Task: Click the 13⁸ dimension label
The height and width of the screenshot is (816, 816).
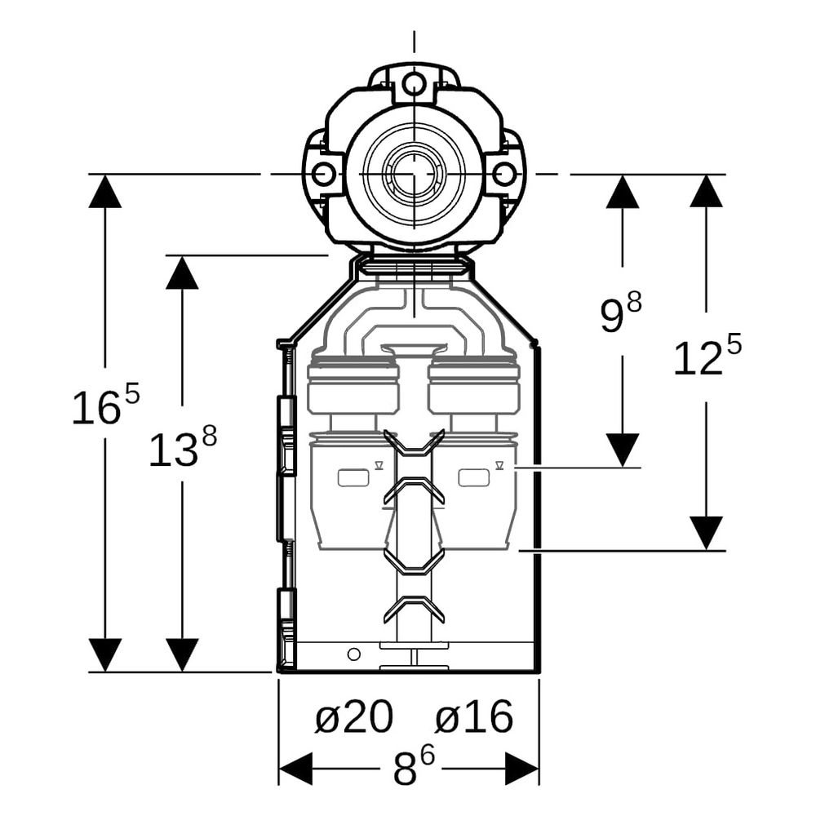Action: click(183, 446)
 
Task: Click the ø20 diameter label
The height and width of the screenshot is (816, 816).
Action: click(354, 717)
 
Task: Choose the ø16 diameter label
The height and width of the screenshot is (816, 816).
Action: click(474, 717)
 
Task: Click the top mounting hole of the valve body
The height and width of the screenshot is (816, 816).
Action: click(415, 82)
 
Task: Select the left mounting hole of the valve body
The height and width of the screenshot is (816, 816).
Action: click(323, 173)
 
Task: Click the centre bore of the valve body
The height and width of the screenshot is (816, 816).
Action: click(414, 173)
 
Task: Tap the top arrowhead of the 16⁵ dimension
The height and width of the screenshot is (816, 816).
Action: click(104, 191)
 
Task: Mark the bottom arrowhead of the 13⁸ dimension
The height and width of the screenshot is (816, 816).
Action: click(182, 655)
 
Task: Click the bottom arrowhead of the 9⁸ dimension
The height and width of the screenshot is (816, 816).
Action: click(623, 450)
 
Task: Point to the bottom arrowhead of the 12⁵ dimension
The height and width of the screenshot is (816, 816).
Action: click(706, 534)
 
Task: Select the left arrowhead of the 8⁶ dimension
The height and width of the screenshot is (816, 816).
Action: click(295, 768)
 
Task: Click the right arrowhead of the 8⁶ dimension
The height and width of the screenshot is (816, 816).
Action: click(522, 768)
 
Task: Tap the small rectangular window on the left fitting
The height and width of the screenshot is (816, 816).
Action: click(353, 477)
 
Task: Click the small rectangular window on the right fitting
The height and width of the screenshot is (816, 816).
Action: click(473, 477)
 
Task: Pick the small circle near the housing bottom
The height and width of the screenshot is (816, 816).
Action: click(354, 654)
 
